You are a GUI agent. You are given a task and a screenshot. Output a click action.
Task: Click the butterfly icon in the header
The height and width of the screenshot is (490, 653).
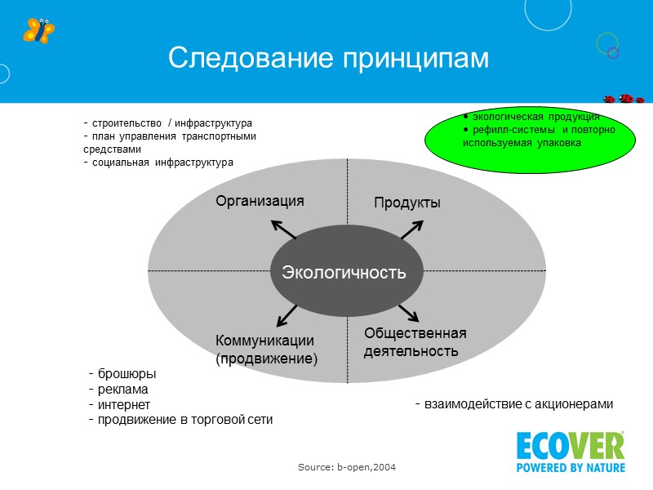coord(38,31)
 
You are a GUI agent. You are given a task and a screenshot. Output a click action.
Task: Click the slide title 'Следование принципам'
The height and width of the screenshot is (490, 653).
coord(327,58)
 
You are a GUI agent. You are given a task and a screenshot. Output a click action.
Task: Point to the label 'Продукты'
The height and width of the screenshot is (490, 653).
coord(407,203)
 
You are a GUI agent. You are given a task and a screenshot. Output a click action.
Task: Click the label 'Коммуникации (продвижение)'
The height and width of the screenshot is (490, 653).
coord(265,350)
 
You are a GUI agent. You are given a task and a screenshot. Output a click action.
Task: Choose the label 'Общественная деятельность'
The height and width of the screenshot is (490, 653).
coord(415,342)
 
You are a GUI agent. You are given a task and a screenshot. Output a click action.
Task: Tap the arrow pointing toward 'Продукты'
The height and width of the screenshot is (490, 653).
coord(411,229)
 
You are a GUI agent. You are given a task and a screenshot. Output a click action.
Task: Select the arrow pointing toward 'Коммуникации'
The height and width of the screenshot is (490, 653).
coord(287,314)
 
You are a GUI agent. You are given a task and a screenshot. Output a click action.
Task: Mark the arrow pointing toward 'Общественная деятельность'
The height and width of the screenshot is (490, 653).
coord(408,313)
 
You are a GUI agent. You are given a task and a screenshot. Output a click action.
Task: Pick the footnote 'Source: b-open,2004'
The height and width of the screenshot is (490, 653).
coord(347,466)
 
